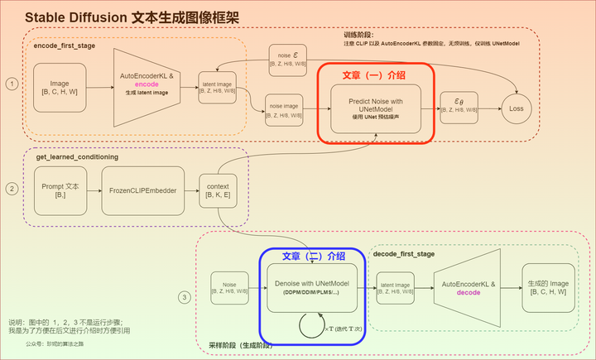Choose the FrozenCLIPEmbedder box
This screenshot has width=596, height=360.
click(144, 190)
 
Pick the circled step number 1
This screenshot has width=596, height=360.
click(12, 84)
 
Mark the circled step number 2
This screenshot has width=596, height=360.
click(12, 189)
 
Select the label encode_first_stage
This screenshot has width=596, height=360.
click(65, 46)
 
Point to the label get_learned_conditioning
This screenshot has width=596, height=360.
click(77, 156)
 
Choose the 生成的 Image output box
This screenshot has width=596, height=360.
click(547, 287)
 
